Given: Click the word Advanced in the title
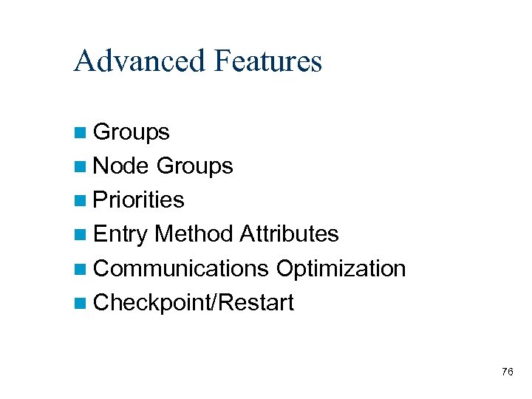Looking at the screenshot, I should tap(139, 61).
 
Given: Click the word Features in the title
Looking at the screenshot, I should tap(267, 61).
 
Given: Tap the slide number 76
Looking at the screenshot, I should tap(507, 372).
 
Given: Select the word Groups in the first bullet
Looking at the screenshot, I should tap(132, 132).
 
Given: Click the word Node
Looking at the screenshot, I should tap(122, 166).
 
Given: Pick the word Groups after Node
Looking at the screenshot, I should tap(195, 166).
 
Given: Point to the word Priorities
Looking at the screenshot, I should tap(139, 200).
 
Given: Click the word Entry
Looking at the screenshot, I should tap(121, 234).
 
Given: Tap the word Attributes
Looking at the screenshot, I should tap(289, 234).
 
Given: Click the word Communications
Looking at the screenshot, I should tap(181, 268).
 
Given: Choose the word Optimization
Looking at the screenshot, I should tap(341, 268).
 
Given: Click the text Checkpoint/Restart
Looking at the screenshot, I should tap(194, 302).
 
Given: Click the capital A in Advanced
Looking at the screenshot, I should tap(83, 61).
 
